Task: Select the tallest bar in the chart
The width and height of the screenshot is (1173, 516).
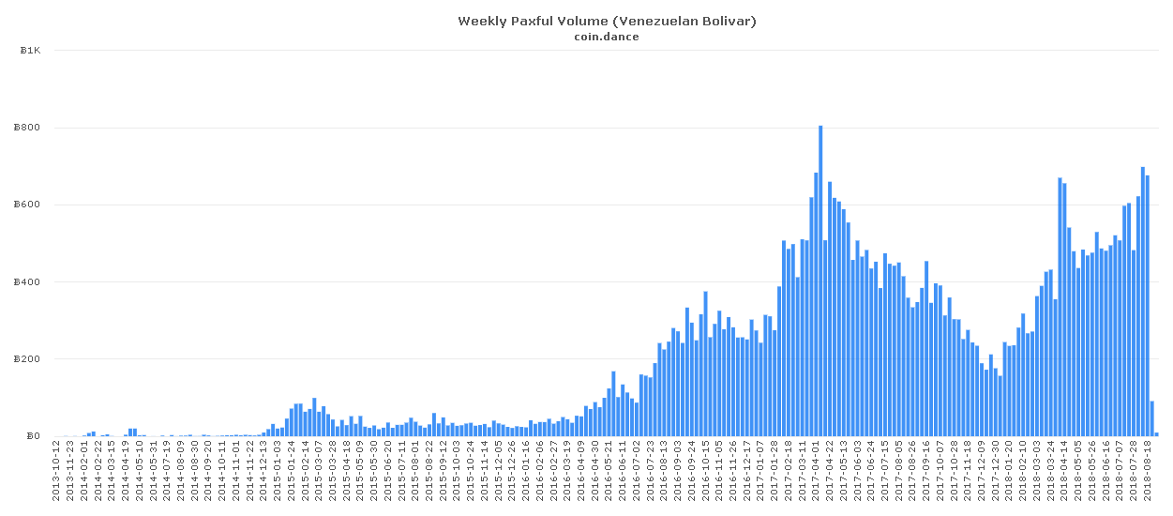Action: (x=820, y=281)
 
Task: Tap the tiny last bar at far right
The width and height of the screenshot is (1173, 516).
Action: (x=1156, y=433)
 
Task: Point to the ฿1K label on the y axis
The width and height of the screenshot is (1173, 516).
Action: (x=30, y=51)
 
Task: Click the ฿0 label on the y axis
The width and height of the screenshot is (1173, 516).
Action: (x=33, y=436)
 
